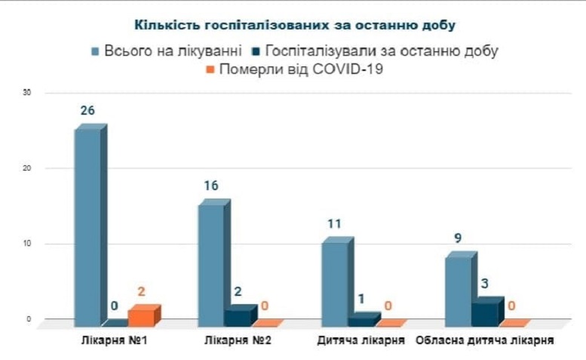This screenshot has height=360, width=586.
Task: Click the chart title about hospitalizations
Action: pyautogui.click(x=295, y=26)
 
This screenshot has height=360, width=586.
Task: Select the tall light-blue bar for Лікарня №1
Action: pyautogui.click(x=87, y=226)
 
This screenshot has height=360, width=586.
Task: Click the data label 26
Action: pyautogui.click(x=87, y=111)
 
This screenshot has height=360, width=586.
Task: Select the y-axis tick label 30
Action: pyautogui.click(x=27, y=93)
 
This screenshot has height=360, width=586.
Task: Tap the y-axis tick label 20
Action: pyautogui.click(x=27, y=168)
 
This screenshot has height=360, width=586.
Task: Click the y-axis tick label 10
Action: pyautogui.click(x=27, y=244)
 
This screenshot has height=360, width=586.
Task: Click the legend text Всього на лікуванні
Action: pyautogui.click(x=173, y=51)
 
